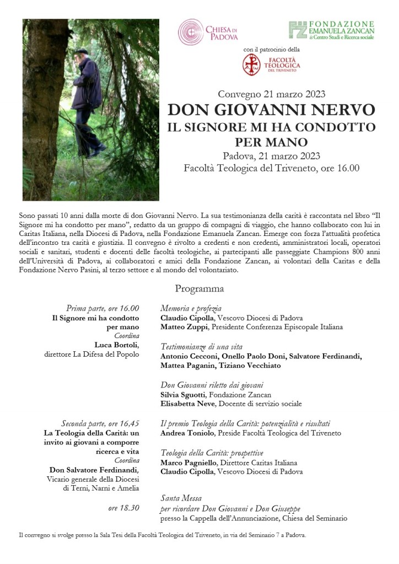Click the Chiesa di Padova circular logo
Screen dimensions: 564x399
(191, 32)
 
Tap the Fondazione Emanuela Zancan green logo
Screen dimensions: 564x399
(298, 31)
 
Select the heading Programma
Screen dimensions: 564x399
(199, 288)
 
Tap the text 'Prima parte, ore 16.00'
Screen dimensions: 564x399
(103, 308)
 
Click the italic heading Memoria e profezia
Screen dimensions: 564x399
(191, 309)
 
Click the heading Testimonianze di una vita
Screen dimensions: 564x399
(201, 347)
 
